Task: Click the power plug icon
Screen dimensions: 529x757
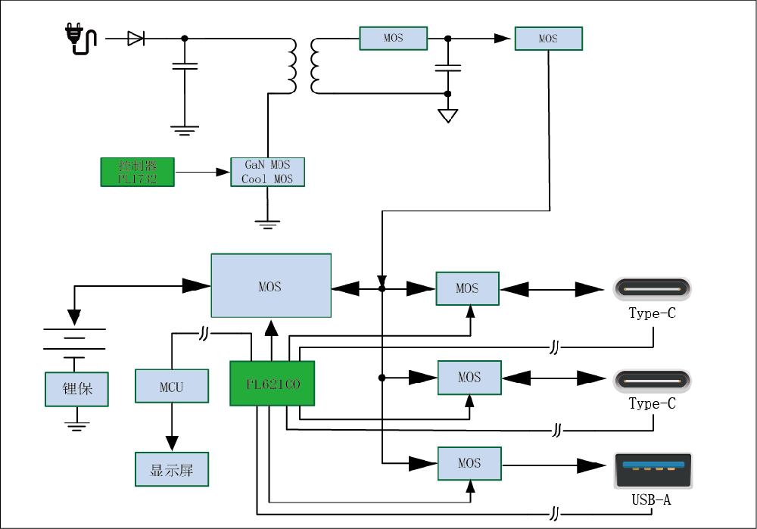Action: coord(79,39)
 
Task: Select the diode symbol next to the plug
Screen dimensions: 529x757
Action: coord(136,38)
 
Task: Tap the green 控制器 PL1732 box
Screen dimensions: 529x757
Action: coord(137,172)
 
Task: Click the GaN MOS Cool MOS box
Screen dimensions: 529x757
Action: coord(267,172)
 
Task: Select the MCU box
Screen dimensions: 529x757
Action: coord(171,387)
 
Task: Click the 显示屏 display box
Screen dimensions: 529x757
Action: coord(171,469)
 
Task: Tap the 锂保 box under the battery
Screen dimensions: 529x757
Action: coord(77,389)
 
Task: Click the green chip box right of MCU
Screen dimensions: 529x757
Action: coord(272,384)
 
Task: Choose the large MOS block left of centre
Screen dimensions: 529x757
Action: coord(270,286)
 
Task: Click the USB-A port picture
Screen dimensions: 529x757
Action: coord(652,471)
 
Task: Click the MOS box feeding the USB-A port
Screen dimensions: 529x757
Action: coord(469,462)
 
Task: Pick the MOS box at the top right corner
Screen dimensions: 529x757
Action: coord(548,39)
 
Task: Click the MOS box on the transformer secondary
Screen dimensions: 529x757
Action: coord(393,38)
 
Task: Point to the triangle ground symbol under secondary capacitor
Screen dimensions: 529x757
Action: coord(447,116)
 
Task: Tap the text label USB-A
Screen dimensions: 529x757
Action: coord(651,500)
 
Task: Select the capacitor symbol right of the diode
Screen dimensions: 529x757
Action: coord(185,67)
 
